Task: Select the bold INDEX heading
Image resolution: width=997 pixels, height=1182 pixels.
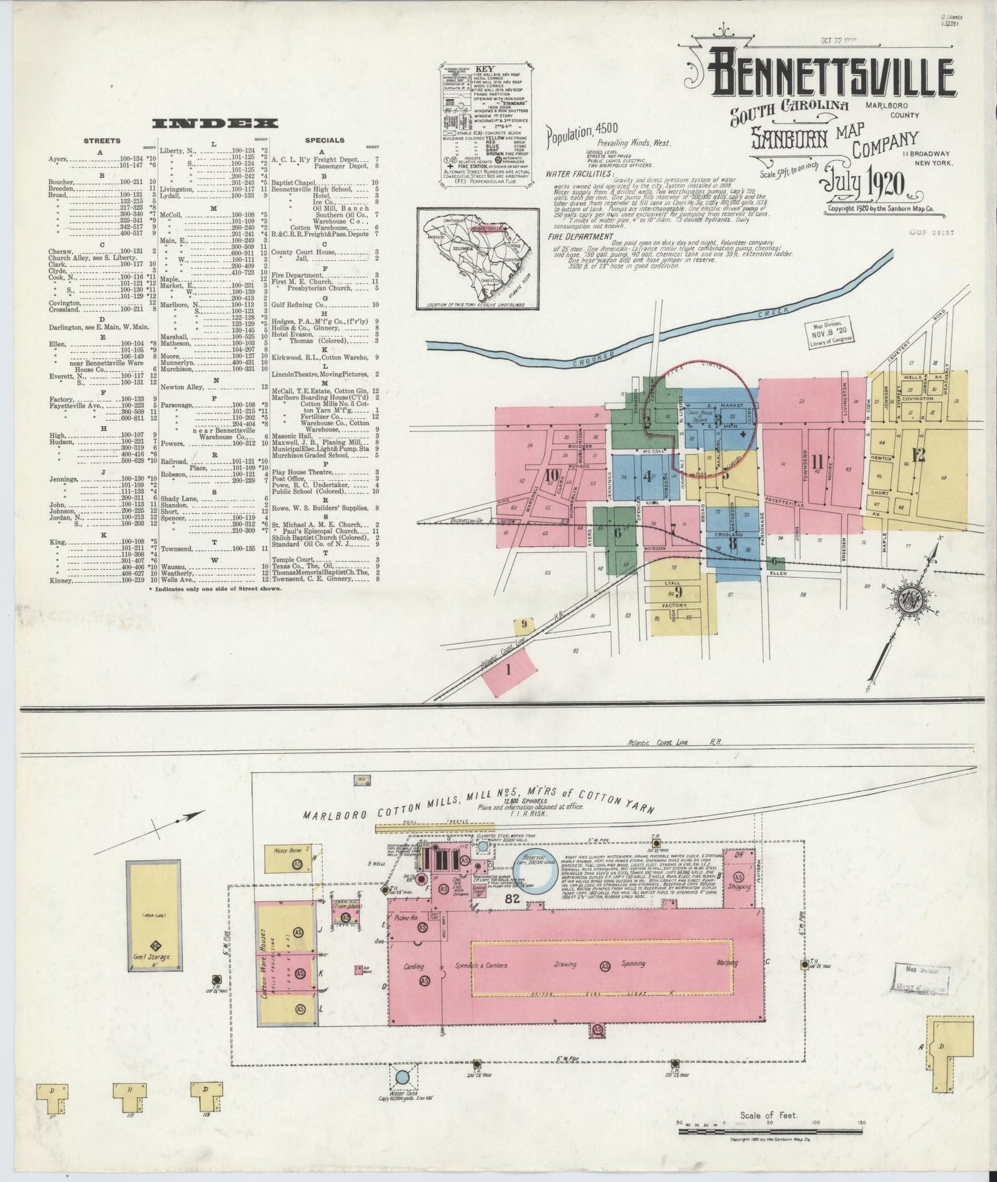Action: coord(215,123)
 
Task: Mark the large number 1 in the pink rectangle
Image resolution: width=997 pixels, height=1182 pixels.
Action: coord(509,668)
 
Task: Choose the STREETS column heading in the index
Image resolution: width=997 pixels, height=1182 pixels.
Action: coord(101,141)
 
